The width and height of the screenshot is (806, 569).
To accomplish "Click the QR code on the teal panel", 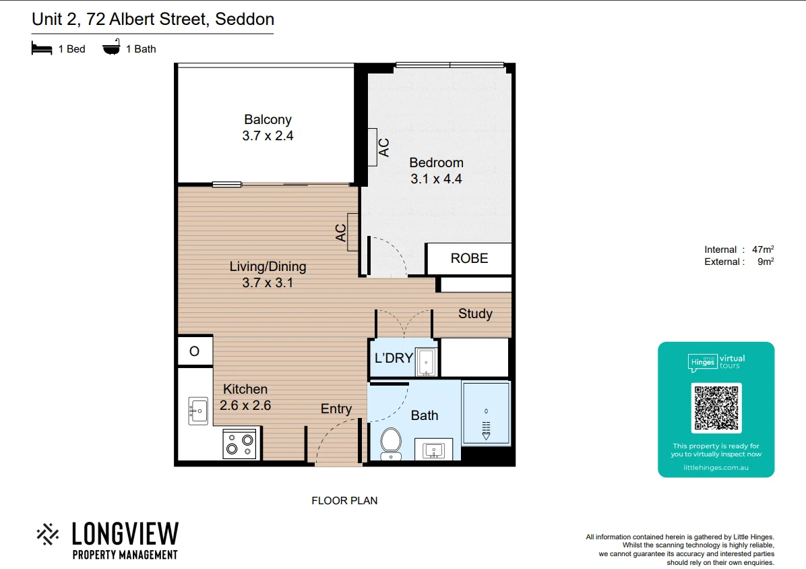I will point(716,408).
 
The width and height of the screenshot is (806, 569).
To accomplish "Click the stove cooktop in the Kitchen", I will point(240,444).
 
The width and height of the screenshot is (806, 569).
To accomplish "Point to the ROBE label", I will point(469,258).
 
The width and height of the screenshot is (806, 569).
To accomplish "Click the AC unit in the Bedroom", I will point(373,147).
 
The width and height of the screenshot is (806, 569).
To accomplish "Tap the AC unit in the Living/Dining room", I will point(352,232).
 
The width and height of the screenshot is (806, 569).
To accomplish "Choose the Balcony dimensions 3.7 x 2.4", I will point(268,136).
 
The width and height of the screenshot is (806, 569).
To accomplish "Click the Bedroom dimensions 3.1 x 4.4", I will point(436,179).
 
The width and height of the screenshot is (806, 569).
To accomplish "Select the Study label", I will point(475,313).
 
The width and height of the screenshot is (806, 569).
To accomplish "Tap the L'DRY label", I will point(393,358).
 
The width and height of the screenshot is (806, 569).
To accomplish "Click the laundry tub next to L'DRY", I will point(426,361).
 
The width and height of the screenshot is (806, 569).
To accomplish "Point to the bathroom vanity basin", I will point(434,450).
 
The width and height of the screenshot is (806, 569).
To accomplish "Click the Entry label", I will point(336,409).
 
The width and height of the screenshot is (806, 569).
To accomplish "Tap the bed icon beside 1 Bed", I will point(42,49).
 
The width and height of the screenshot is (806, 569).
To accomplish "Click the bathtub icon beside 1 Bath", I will point(111,49).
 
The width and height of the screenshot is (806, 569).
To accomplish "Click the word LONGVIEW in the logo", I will point(125,534).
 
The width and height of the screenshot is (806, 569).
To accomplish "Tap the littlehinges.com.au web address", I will point(716,467).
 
